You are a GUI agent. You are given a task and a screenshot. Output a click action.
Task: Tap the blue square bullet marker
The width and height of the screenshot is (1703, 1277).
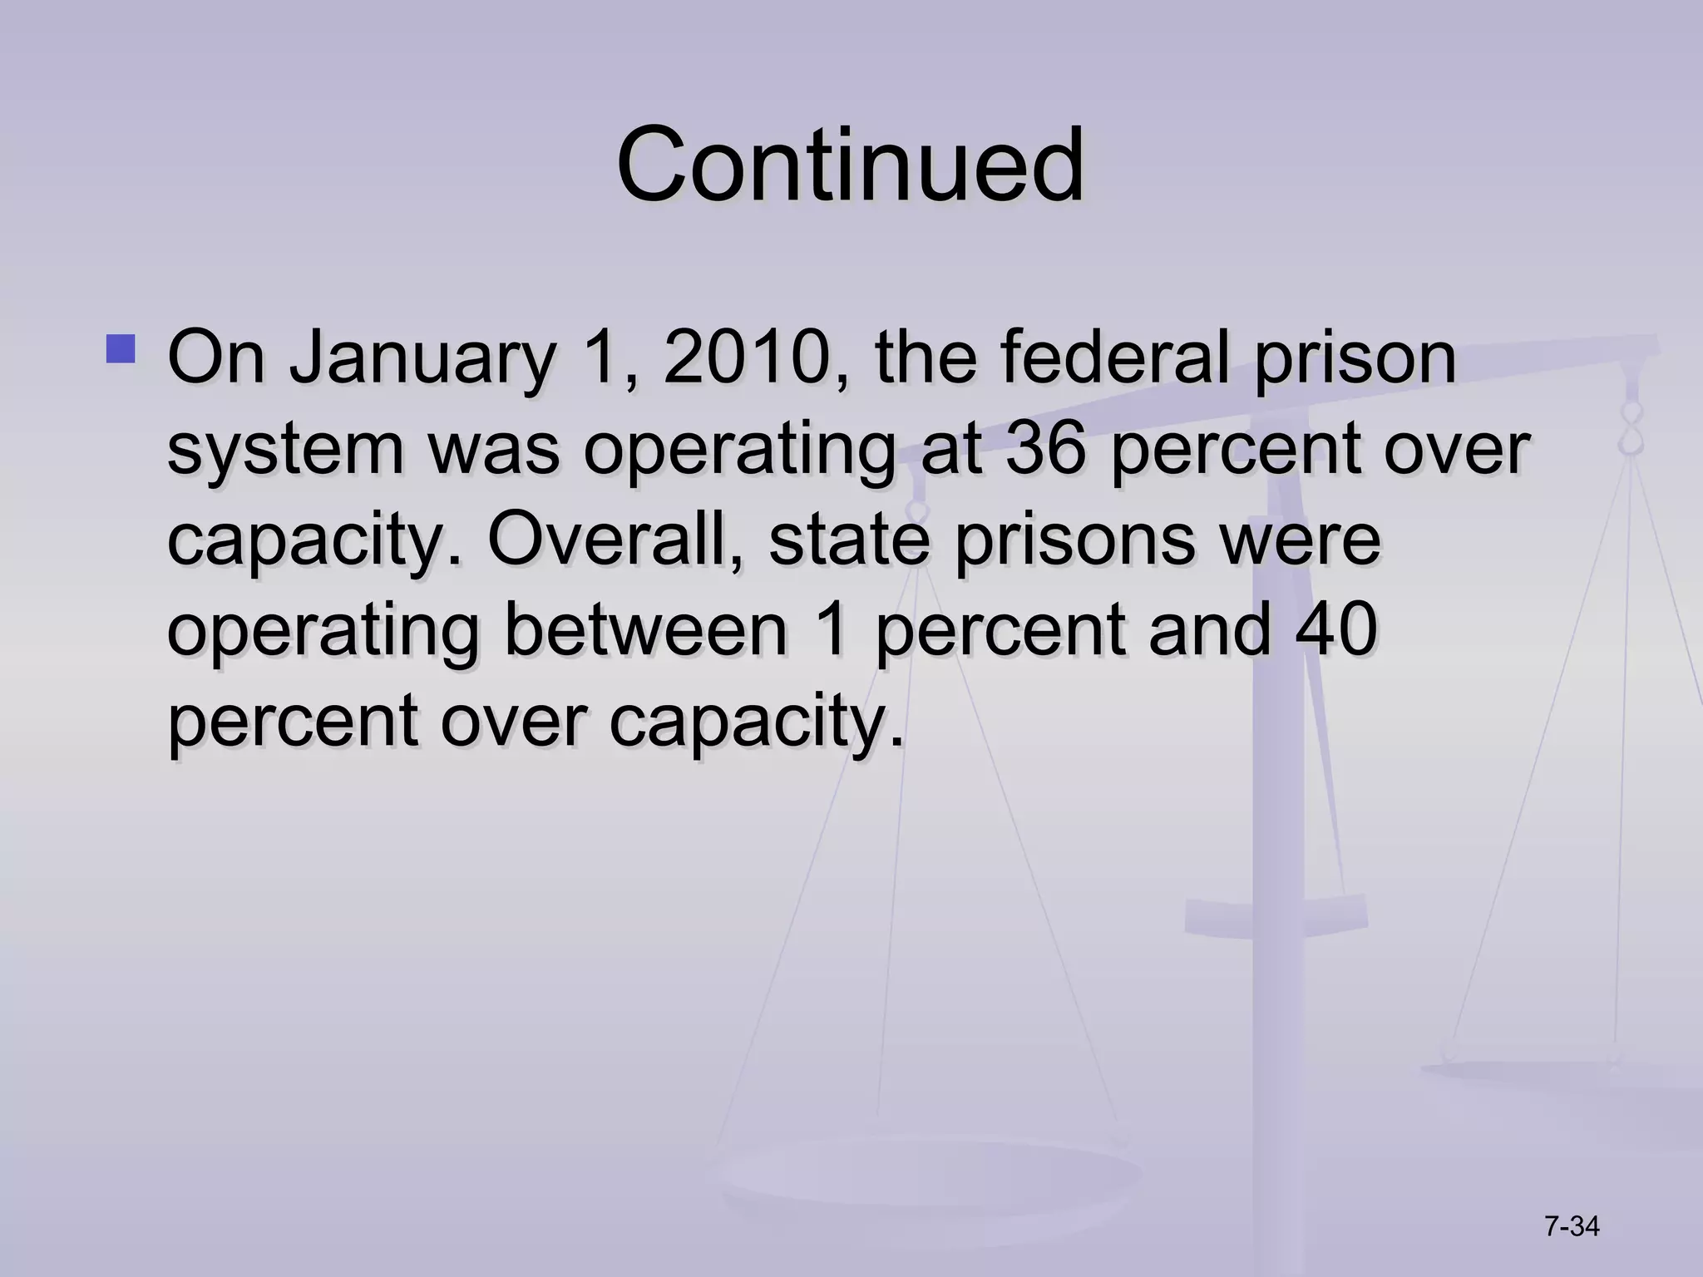pos(121,349)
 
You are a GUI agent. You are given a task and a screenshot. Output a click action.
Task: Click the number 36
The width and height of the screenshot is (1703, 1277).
pos(1045,449)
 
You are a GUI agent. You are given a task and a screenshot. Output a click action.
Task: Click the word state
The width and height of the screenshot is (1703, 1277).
pos(848,540)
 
